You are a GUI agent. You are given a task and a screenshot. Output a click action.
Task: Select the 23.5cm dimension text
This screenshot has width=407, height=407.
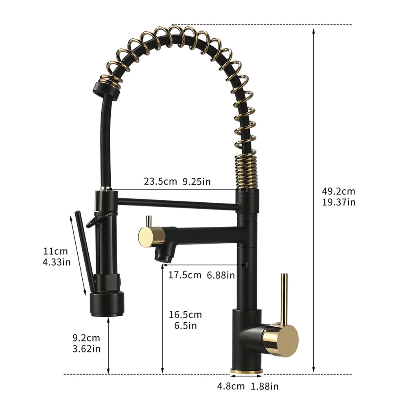tap(160, 182)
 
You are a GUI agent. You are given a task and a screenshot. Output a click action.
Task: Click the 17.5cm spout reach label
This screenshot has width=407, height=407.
tap(185, 275)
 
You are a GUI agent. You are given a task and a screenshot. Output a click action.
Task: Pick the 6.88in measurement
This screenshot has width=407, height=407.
tap(221, 275)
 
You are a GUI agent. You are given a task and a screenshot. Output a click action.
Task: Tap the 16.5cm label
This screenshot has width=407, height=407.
tap(186, 315)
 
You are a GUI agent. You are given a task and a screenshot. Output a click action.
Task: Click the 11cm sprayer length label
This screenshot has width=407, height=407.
tap(56, 251)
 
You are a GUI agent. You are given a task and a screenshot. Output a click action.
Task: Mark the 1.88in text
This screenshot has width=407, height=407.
tap(264, 386)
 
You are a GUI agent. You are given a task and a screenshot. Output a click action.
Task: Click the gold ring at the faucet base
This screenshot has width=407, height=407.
tap(246, 372)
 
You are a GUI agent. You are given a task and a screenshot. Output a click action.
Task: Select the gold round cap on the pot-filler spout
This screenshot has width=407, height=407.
tap(146, 236)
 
